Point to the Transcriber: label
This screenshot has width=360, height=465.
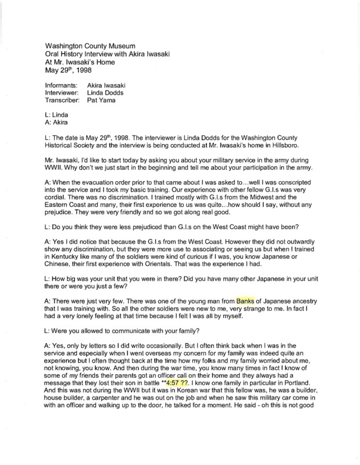[x=62, y=100]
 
